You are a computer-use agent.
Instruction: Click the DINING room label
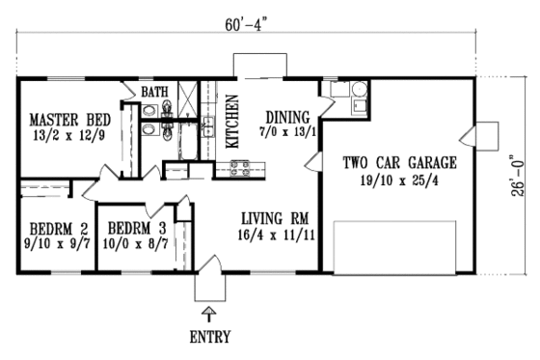click(x=288, y=113)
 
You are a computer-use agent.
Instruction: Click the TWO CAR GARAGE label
click(x=399, y=161)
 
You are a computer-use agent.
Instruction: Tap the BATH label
click(x=154, y=93)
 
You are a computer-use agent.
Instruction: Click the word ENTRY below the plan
click(x=211, y=338)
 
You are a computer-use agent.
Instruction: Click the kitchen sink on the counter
click(x=207, y=125)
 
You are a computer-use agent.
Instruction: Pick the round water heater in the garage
click(x=358, y=93)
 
